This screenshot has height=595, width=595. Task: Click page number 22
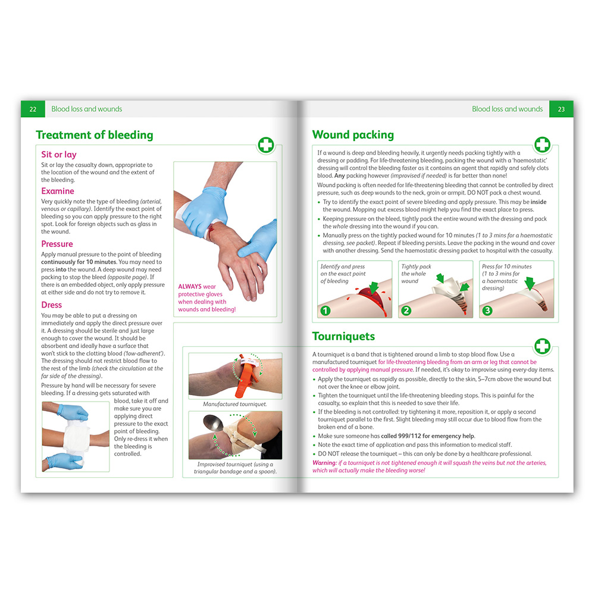(x=33, y=109)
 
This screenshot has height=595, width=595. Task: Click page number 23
(x=561, y=109)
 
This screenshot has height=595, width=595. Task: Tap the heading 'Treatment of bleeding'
(x=95, y=135)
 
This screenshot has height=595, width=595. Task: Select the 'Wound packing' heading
(x=353, y=134)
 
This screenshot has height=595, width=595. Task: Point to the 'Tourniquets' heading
(x=343, y=336)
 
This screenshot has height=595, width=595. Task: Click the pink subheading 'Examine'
(x=58, y=191)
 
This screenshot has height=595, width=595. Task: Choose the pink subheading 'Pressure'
(x=57, y=243)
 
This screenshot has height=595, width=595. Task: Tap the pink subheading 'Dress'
(x=52, y=305)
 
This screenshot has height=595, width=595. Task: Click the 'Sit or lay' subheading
(x=59, y=155)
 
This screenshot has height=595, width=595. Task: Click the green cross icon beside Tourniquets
(x=542, y=346)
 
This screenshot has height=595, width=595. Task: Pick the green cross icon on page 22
(x=266, y=145)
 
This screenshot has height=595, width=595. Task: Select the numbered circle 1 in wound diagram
(x=325, y=311)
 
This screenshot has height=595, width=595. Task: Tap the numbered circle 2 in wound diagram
(x=406, y=311)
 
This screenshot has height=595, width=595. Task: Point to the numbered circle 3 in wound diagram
(x=487, y=311)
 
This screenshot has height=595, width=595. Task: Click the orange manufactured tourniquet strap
(x=244, y=375)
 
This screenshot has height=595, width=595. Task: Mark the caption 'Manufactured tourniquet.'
(x=235, y=404)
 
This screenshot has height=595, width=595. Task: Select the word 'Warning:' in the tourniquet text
(x=324, y=463)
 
